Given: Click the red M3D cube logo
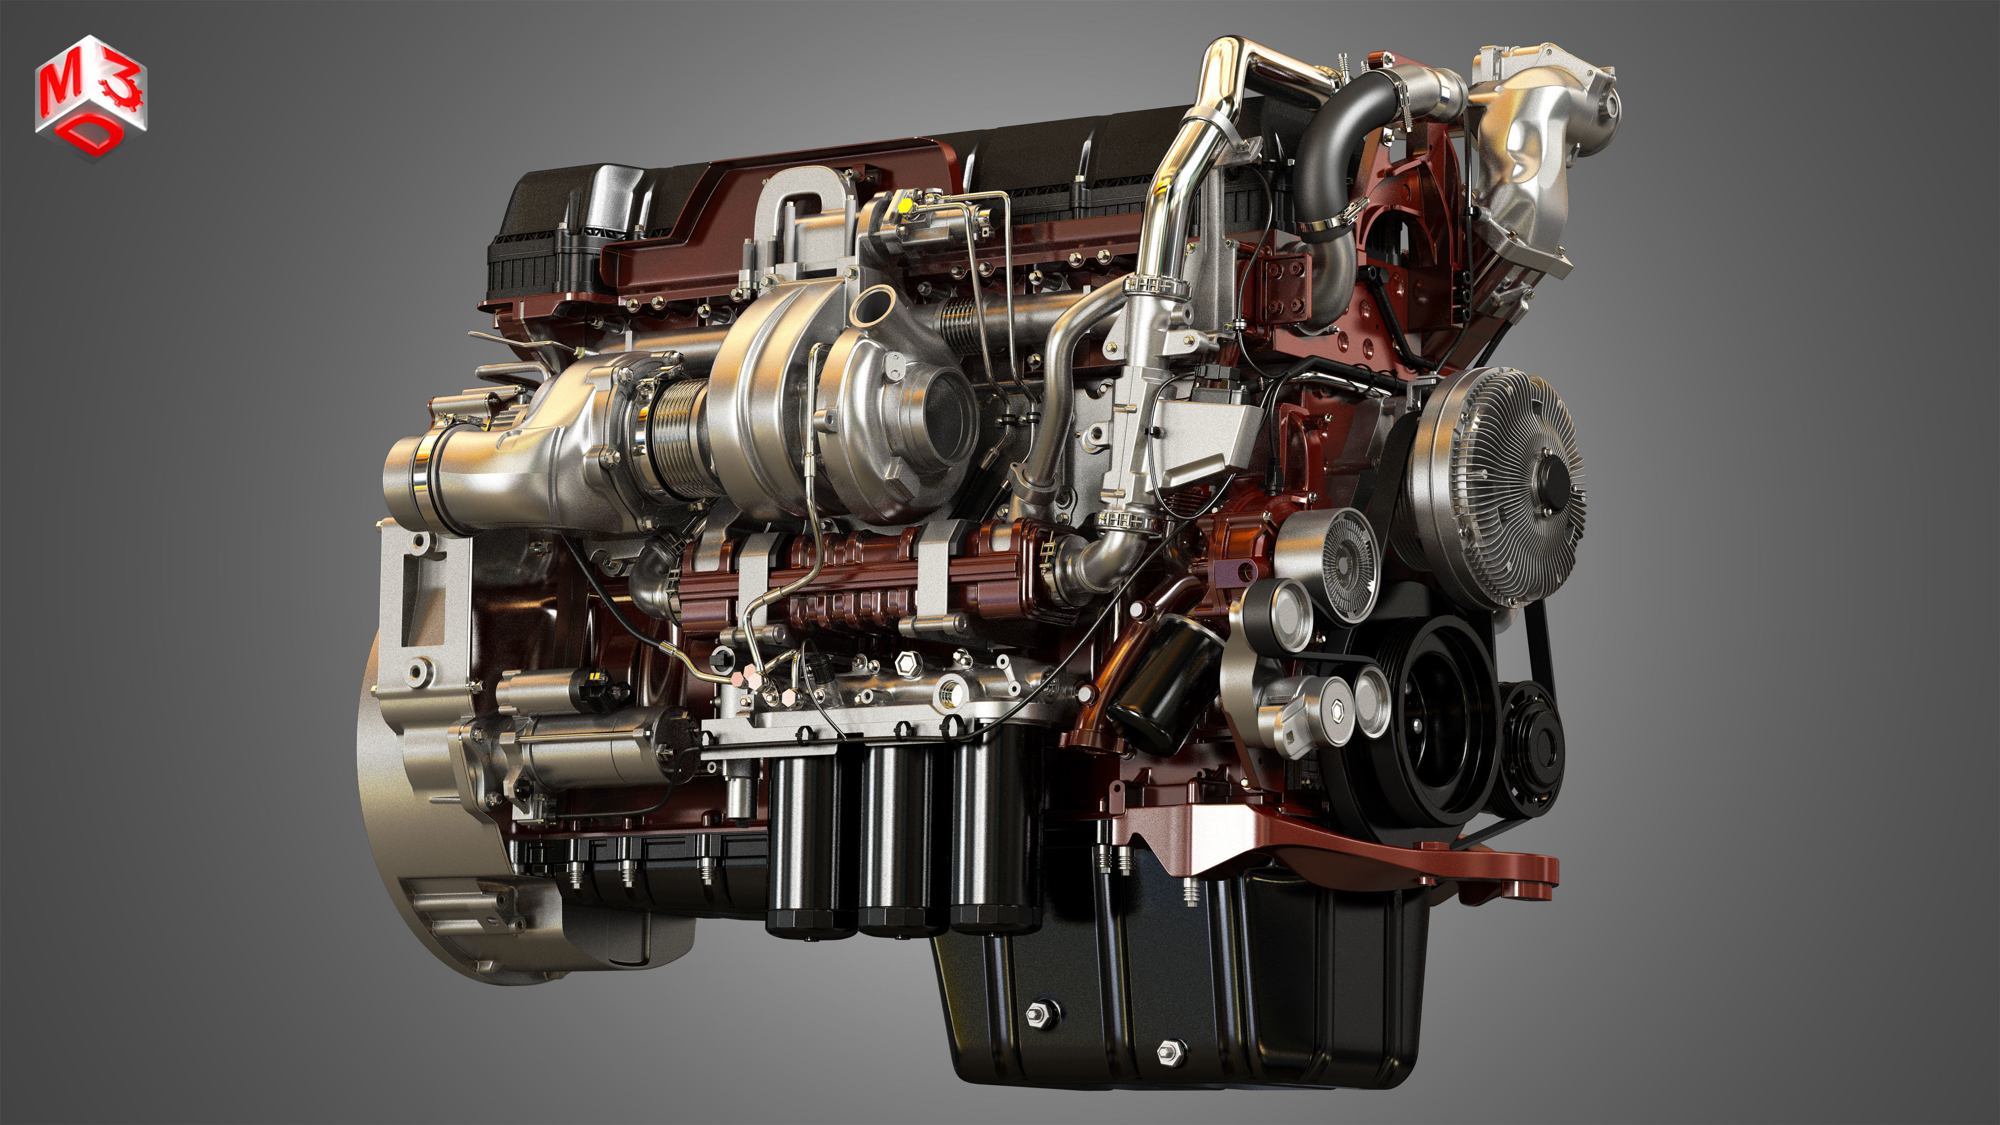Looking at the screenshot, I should tap(91, 97).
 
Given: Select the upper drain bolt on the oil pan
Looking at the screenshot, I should tap(1041, 1014).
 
